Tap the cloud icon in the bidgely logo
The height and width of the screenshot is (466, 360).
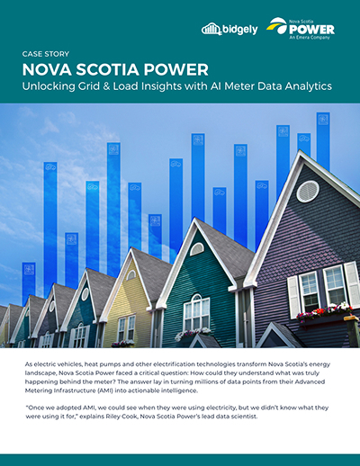click(x=211, y=29)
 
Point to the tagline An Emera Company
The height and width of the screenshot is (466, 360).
click(x=310, y=38)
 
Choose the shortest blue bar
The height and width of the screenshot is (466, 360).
click(x=29, y=282)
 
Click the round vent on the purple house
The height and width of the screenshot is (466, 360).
click(x=307, y=191)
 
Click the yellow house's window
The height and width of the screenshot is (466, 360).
click(x=126, y=326)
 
